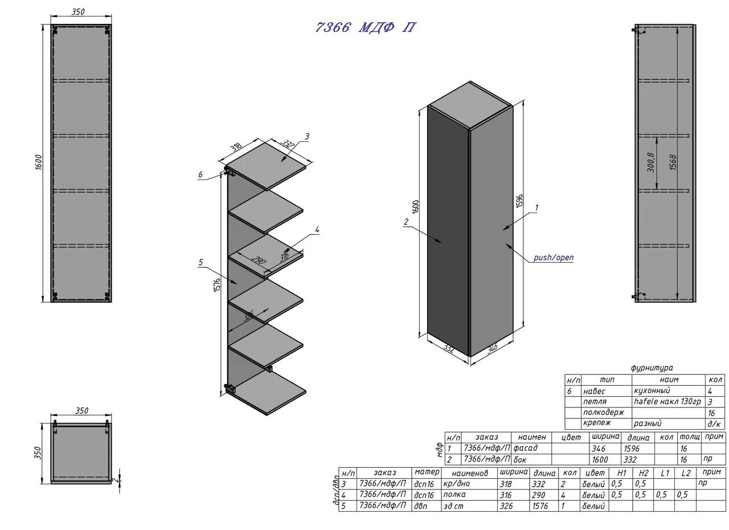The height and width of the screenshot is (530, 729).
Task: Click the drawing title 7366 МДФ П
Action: pyautogui.click(x=365, y=28)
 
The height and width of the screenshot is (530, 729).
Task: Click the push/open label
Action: pyautogui.click(x=553, y=258)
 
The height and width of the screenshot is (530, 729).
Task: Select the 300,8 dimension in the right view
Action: pyautogui.click(x=651, y=162)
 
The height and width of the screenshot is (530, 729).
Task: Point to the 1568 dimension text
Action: pyautogui.click(x=673, y=162)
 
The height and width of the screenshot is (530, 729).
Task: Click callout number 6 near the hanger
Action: pyautogui.click(x=200, y=175)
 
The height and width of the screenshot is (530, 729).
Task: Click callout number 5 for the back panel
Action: pyautogui.click(x=200, y=263)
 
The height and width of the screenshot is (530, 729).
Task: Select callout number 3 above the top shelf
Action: pyautogui.click(x=307, y=136)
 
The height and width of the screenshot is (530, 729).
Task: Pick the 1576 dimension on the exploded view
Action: pyautogui.click(x=217, y=285)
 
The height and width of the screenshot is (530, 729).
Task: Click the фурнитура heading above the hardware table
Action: pyautogui.click(x=652, y=368)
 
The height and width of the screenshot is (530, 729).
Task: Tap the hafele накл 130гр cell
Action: pyautogui.click(x=667, y=402)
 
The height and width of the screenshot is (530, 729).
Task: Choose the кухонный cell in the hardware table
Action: pyautogui.click(x=652, y=391)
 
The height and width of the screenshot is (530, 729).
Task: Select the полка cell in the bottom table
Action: pyautogui.click(x=454, y=495)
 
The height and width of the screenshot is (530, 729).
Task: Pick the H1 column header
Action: pyautogui.click(x=621, y=473)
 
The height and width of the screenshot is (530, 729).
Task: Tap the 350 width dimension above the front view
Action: pyautogui.click(x=79, y=12)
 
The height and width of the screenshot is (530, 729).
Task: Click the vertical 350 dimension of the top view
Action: pyautogui.click(x=38, y=453)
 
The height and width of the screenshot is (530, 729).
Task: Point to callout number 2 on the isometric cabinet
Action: pyautogui.click(x=406, y=223)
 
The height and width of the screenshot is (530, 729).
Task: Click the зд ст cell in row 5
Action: pyautogui.click(x=454, y=505)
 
